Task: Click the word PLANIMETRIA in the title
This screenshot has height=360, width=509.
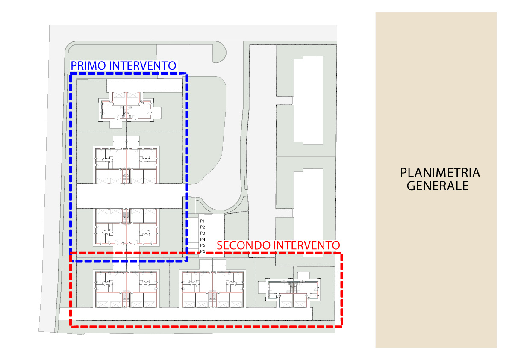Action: tap(440, 173)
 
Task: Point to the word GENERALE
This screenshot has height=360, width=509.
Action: tap(437, 186)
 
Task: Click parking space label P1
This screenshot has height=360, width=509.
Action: tap(203, 221)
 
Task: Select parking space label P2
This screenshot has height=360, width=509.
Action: tap(203, 227)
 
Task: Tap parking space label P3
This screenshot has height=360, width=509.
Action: tap(203, 233)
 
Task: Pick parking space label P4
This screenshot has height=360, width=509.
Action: tap(203, 239)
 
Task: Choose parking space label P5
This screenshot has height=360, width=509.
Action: tap(203, 245)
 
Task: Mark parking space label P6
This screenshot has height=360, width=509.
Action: tap(203, 251)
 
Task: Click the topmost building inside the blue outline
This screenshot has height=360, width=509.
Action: tap(127, 109)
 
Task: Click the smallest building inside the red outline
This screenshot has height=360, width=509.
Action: tap(292, 292)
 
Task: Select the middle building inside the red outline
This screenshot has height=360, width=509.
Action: tap(213, 288)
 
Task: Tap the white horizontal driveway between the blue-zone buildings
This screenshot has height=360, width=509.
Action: tap(128, 196)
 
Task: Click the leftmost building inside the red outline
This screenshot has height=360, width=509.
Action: tap(126, 288)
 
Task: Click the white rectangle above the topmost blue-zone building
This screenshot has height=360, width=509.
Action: tap(144, 85)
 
